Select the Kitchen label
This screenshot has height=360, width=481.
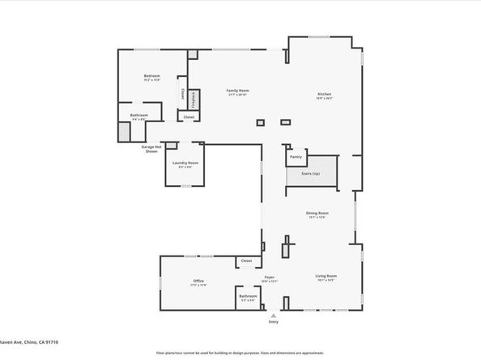tap(324, 95)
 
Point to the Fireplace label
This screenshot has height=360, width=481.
tap(194, 100)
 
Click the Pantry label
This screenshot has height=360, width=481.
tap(296, 156)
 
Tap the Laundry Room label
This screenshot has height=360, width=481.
tap(185, 163)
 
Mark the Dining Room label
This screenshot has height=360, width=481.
tap(316, 213)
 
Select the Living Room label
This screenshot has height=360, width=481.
tap(326, 276)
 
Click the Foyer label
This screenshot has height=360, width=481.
tap(270, 277)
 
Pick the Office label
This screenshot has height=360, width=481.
tap(198, 281)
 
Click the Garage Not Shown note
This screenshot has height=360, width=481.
tap(151, 149)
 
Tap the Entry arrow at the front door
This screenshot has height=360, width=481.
tap(273, 316)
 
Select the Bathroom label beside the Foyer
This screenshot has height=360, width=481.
tap(248, 296)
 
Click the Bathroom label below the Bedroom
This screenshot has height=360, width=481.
tap(139, 115)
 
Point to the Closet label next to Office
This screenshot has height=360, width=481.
tap(246, 261)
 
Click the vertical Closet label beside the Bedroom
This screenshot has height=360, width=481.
tap(182, 95)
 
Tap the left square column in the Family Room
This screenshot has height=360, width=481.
tap(260, 123)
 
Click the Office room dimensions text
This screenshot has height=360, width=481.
tap(198, 286)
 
